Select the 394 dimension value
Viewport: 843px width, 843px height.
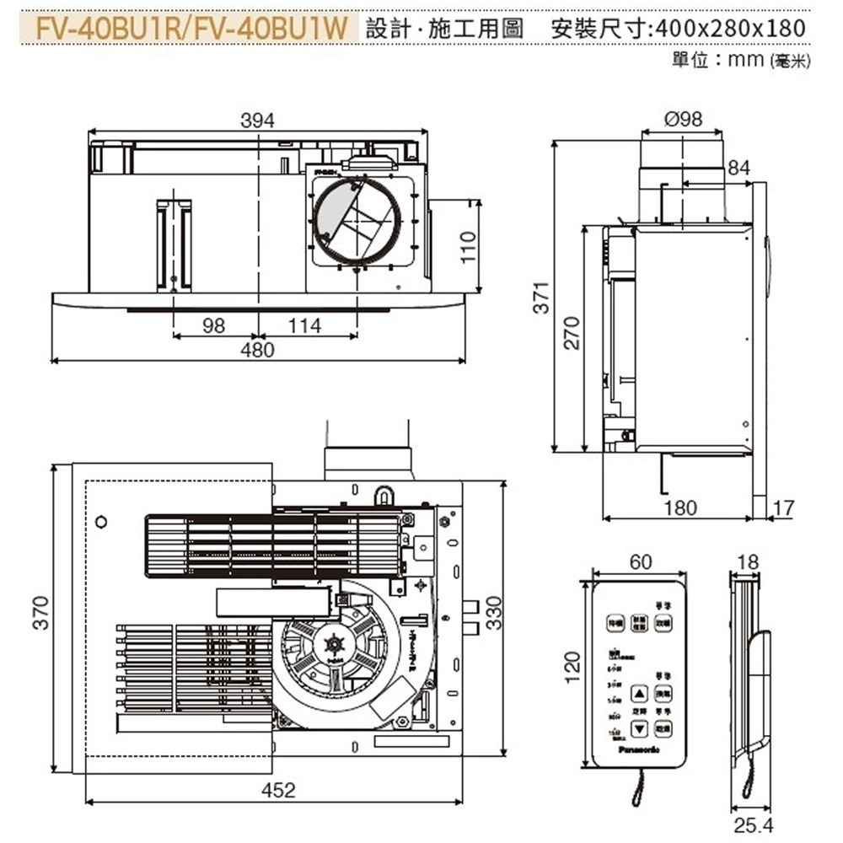(x=257, y=121)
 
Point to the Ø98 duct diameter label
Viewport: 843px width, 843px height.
(x=683, y=120)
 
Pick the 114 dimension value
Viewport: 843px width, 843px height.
(x=304, y=325)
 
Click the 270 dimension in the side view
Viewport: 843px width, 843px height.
(x=572, y=335)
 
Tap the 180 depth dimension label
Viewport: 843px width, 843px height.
(x=679, y=507)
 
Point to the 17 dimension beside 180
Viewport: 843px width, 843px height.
(x=783, y=507)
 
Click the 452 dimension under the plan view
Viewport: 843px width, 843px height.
(x=278, y=790)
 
